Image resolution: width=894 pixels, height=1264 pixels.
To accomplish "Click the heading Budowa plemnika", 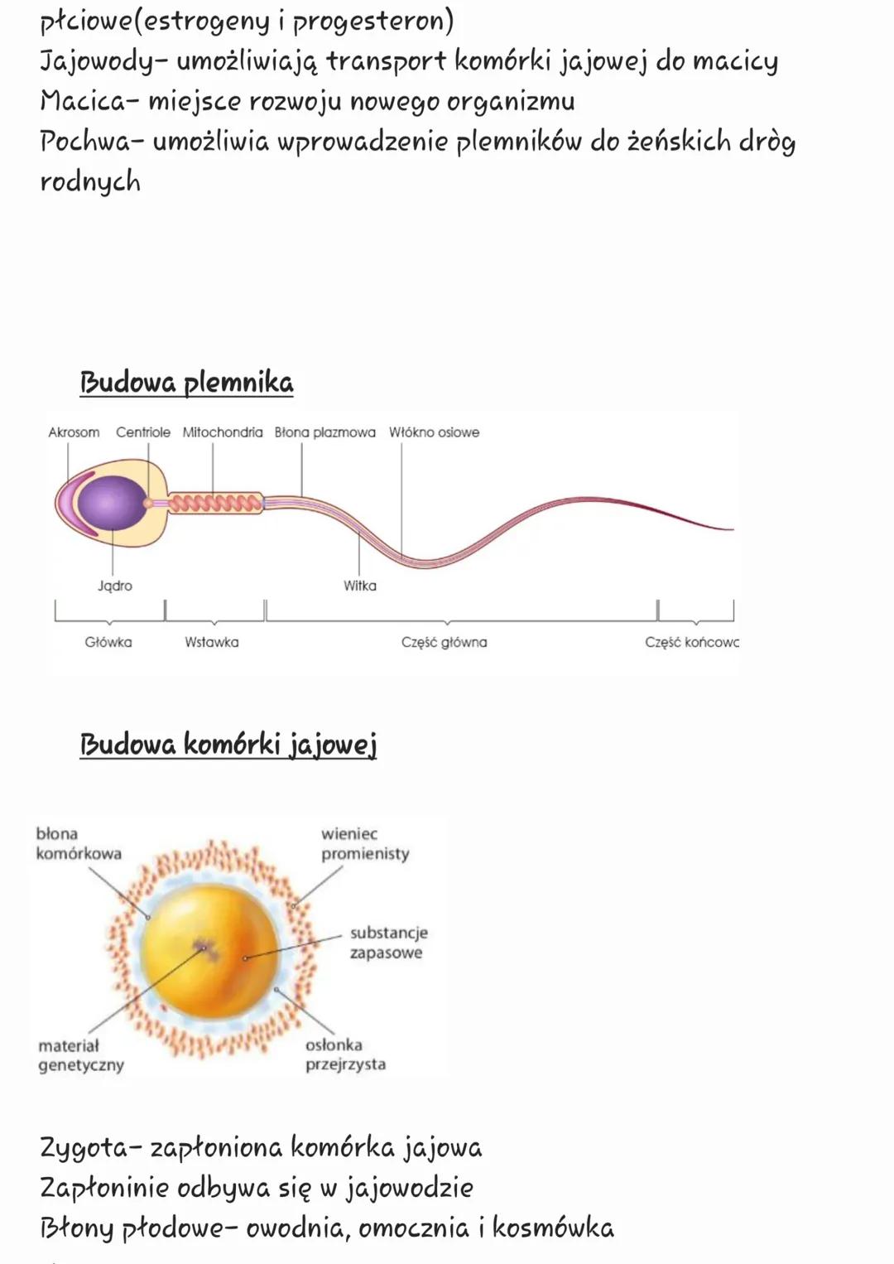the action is [186, 383].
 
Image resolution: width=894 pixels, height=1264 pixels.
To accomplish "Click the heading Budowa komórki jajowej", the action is [228, 744].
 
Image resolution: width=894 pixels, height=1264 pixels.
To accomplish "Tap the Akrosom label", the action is [74, 432].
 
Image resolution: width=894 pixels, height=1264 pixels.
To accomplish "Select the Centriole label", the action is [143, 432].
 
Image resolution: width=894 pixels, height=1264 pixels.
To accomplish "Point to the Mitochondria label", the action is [223, 432].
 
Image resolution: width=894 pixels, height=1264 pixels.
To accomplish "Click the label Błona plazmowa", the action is [324, 432].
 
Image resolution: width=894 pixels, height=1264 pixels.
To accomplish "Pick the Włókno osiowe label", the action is [434, 432].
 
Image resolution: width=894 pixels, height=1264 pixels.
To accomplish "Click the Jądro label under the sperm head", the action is [115, 586].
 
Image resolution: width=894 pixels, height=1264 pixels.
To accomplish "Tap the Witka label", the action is [360, 586].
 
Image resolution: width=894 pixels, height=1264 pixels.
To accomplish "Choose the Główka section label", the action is [108, 642].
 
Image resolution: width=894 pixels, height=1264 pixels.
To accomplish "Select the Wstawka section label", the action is [212, 642].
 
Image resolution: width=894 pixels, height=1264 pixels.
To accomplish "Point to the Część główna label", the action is [445, 642].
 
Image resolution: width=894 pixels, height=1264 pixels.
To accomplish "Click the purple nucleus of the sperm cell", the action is [108, 502].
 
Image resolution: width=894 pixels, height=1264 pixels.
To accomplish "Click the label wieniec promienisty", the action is [365, 843].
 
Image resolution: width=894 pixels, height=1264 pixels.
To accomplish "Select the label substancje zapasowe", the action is [388, 943].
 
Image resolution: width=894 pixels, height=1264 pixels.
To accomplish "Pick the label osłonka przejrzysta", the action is [345, 1054].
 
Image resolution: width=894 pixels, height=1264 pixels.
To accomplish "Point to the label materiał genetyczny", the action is [80, 1055].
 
